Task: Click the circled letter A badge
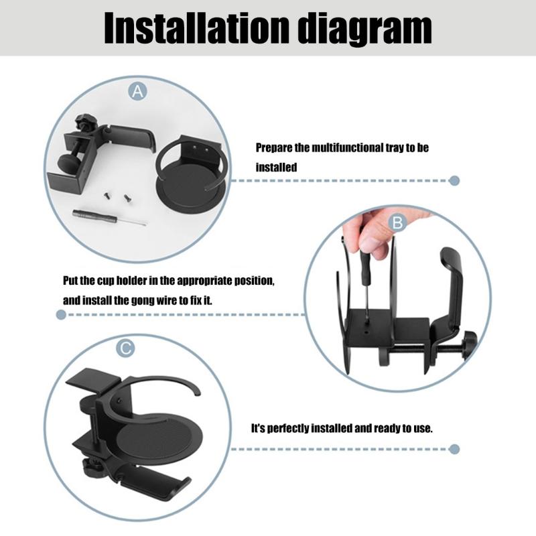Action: [x=138, y=92]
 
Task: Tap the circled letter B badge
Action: [x=397, y=221]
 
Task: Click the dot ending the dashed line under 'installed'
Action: [x=455, y=180]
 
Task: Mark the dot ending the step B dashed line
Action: [x=61, y=314]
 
